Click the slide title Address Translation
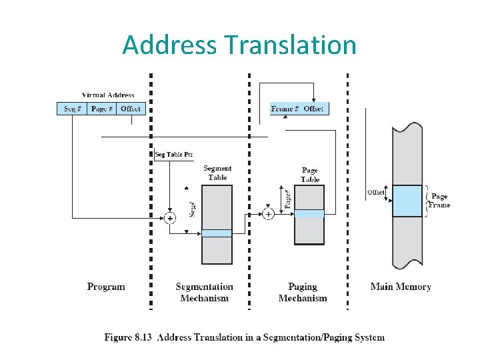(x=239, y=45)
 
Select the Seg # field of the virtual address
(x=72, y=109)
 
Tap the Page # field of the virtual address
(x=101, y=109)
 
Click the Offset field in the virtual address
(x=131, y=109)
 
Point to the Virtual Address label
(x=108, y=95)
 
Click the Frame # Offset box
(x=299, y=109)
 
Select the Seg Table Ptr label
(x=174, y=155)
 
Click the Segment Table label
(x=217, y=173)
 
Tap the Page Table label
(x=310, y=175)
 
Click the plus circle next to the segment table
(x=171, y=218)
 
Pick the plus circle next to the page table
(x=267, y=214)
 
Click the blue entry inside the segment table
(x=217, y=233)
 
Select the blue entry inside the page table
(x=309, y=213)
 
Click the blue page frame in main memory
(x=407, y=201)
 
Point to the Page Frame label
(x=439, y=201)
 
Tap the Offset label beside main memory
(x=375, y=193)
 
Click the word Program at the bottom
(x=106, y=287)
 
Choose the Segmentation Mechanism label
(x=205, y=293)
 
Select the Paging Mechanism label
(x=303, y=293)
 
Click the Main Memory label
(x=401, y=287)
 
